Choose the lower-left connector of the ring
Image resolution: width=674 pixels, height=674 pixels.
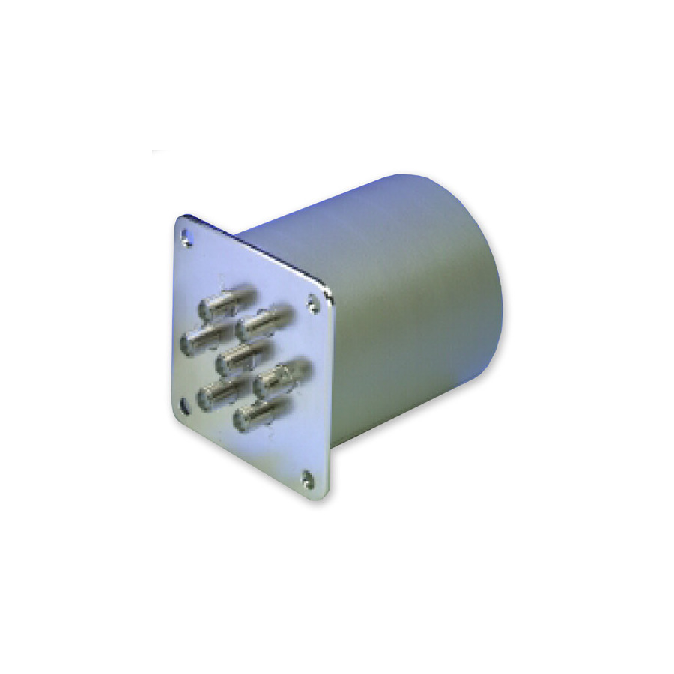point(220,392)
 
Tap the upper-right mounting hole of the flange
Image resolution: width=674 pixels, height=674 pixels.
point(312,302)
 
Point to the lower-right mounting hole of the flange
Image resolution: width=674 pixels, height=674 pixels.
point(308,476)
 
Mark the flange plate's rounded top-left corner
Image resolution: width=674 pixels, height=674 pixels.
point(180,219)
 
